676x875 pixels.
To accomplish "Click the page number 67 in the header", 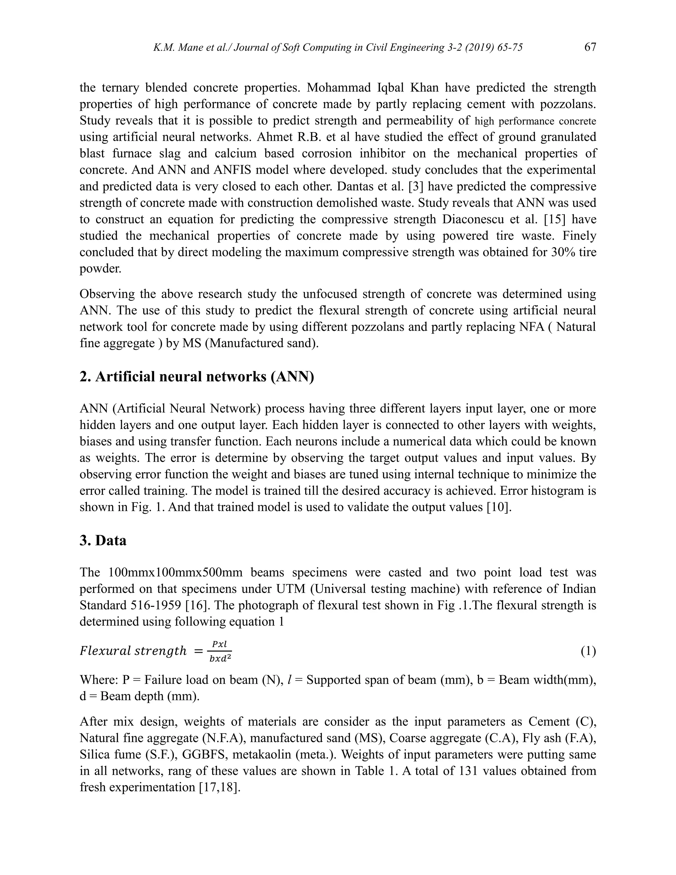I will coord(590,47).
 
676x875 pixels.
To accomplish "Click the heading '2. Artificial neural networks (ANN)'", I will coord(197,377).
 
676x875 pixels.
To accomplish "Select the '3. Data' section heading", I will coord(103,541).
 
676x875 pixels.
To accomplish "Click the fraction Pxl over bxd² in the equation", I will coord(220,651).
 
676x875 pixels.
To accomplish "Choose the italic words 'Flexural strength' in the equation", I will coord(133,651).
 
